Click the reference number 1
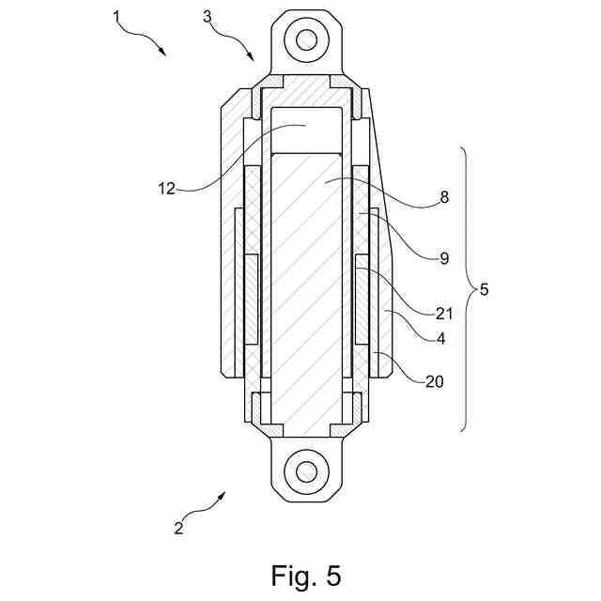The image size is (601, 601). pos(117,17)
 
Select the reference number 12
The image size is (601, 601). pos(166,188)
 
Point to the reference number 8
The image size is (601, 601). pos(444,197)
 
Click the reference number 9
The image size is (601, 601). pos(444,257)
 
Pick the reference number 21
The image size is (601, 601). pos(444,314)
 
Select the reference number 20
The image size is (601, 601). pos(434,381)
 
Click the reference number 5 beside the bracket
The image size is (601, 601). pos(485,289)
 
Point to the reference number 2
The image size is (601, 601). pos(178,528)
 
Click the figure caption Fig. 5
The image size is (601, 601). pos(306,574)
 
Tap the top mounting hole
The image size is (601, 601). pos(306,39)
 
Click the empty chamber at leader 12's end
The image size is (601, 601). pos(306,129)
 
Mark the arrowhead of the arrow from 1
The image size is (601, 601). pos(165,55)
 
